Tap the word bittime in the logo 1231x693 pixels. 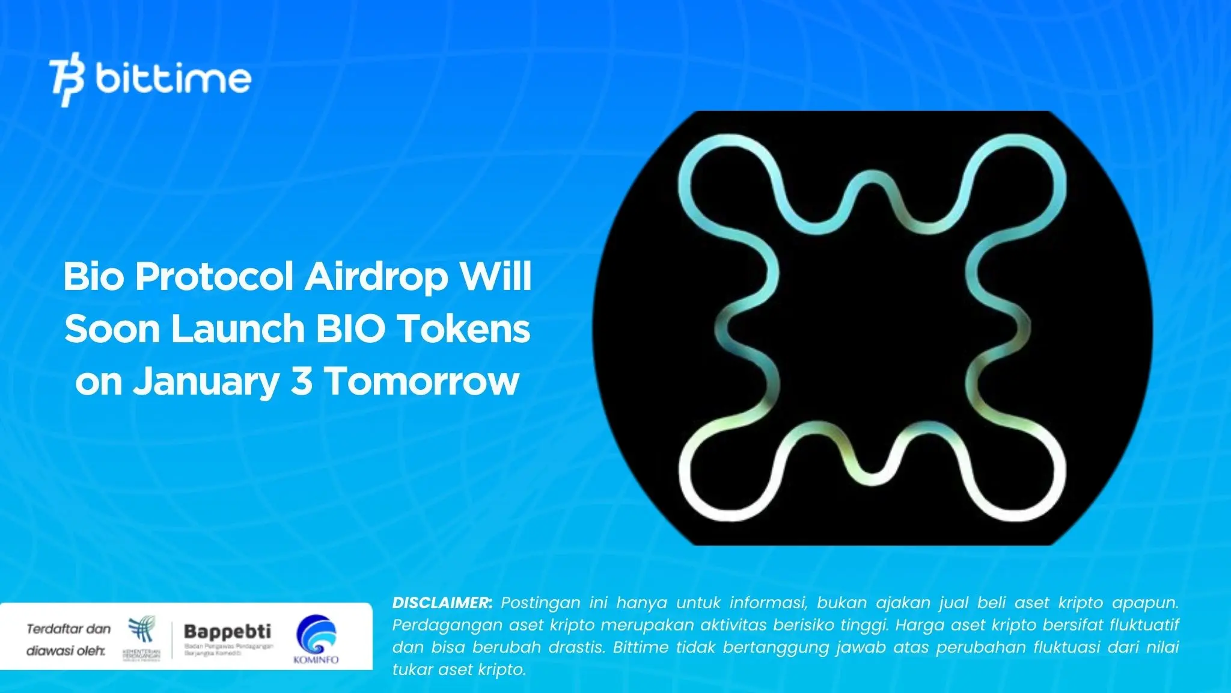pyautogui.click(x=173, y=79)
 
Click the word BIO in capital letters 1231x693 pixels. pyautogui.click(x=350, y=330)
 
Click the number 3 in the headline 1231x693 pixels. pyautogui.click(x=302, y=381)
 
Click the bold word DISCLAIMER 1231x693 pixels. pyautogui.click(x=442, y=603)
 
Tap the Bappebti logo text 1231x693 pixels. pyautogui.click(x=227, y=632)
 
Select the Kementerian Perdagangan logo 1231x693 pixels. pyautogui.click(x=142, y=636)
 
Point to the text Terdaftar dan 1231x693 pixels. pyautogui.click(x=69, y=629)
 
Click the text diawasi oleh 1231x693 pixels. pyautogui.click(x=66, y=651)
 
